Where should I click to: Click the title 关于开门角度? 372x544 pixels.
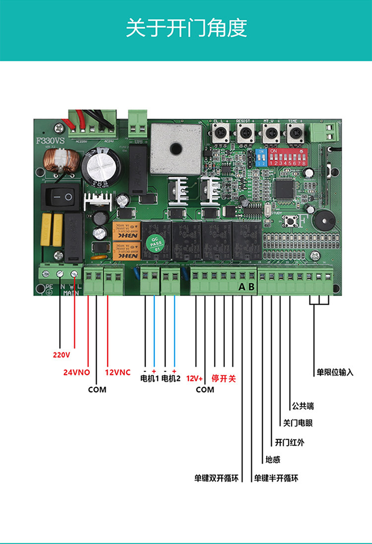coord(186,29)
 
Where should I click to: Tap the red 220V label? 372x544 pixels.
coord(62,355)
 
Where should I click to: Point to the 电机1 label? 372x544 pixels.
coord(149,379)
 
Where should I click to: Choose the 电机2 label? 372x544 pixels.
coord(172,379)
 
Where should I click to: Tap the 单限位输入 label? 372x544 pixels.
coord(335,372)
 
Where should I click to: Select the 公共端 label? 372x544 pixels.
coord(303,406)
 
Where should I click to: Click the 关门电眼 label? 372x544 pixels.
coord(298,423)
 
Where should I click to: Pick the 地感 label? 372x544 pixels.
coord(273,460)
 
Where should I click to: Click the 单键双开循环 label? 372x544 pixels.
coord(216,479)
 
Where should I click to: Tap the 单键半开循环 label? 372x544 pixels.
coord(276,479)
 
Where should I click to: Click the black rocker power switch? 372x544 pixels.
coord(63,197)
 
